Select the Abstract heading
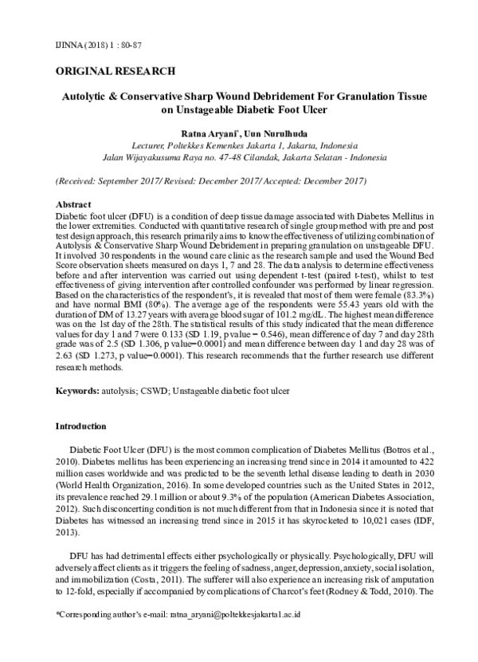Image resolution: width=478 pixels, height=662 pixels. click(x=73, y=205)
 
